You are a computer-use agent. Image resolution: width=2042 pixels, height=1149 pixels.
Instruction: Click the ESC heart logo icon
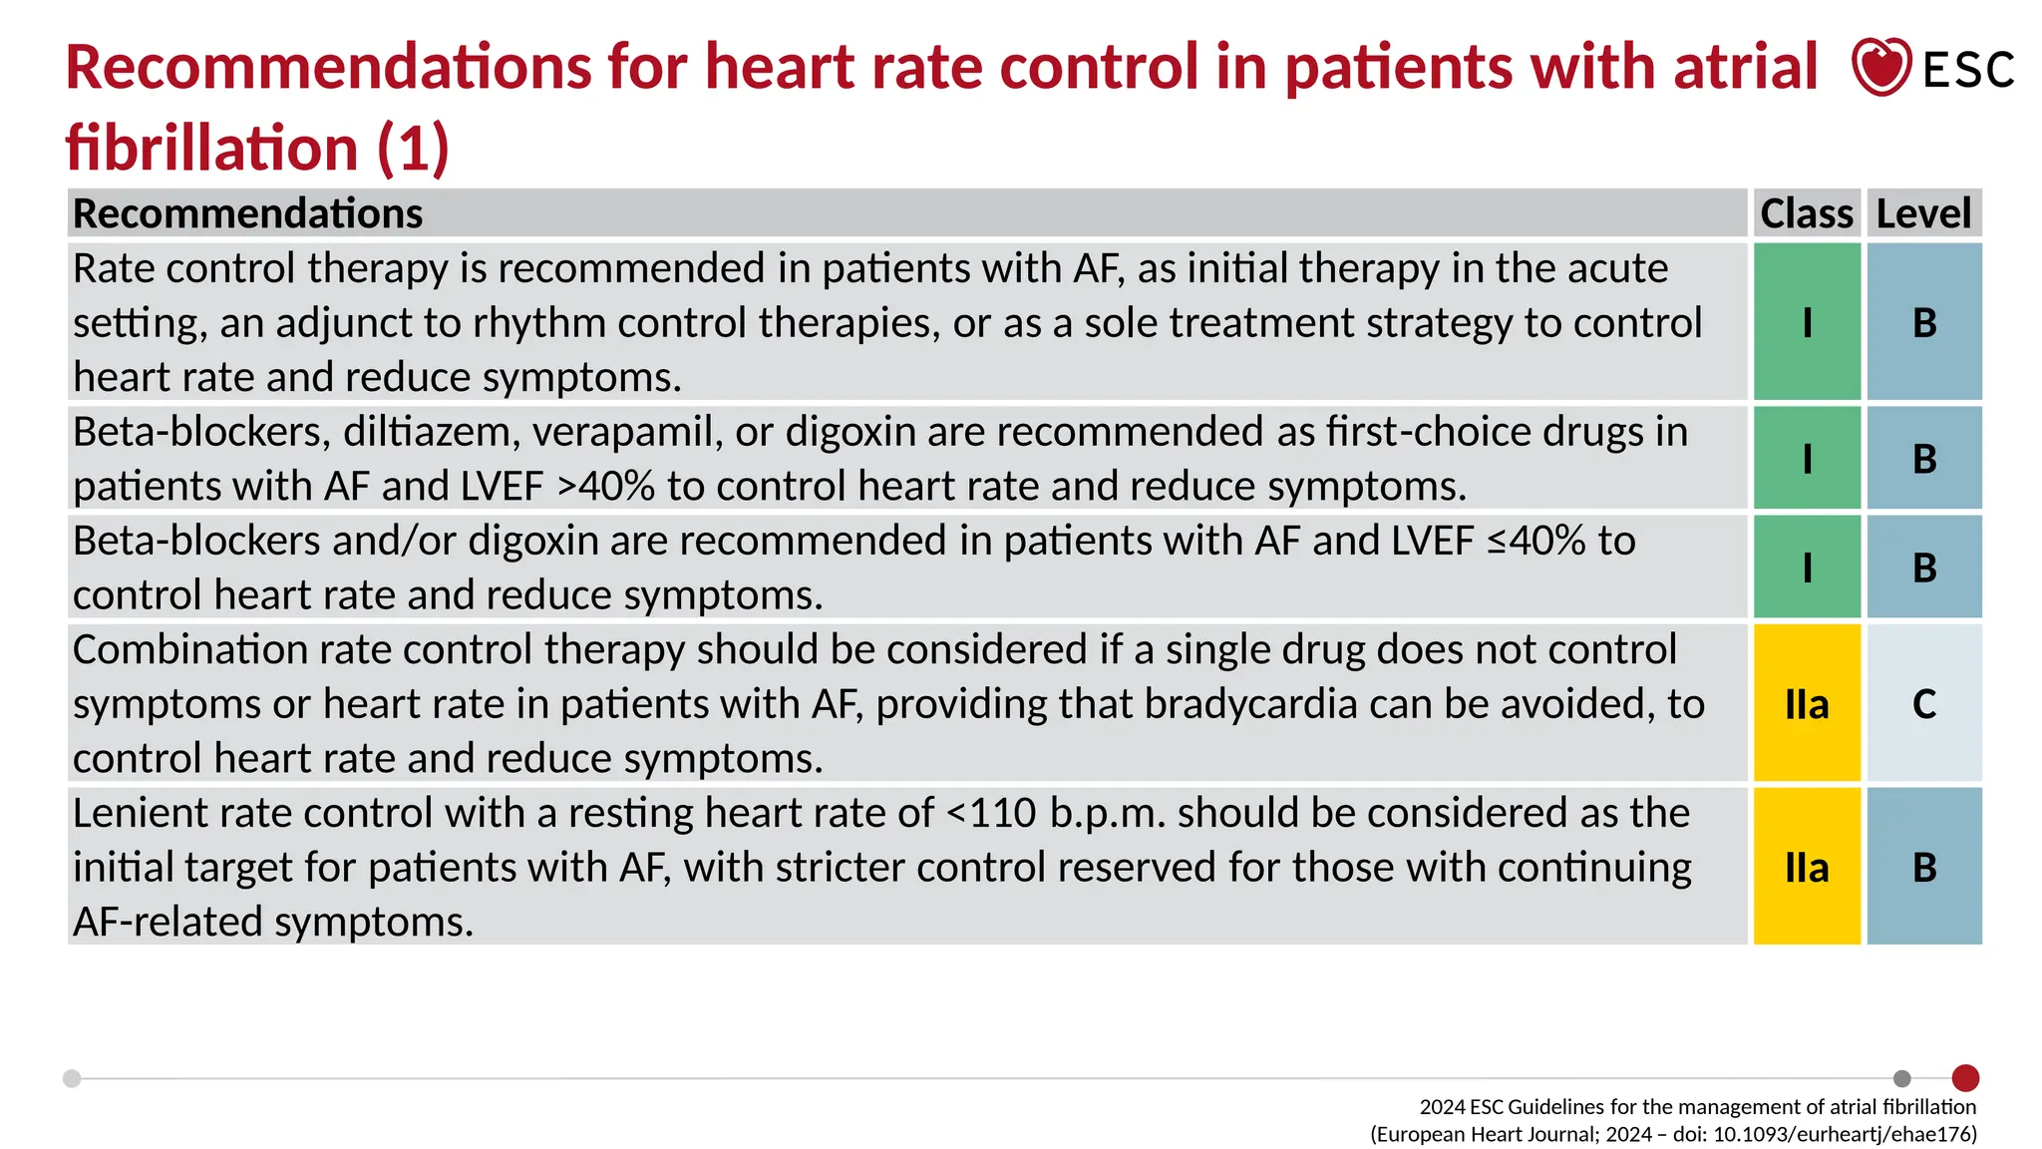[1880, 67]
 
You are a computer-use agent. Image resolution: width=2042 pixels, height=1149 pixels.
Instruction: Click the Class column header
[1806, 213]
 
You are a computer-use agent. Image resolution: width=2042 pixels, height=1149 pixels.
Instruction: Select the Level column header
[1923, 213]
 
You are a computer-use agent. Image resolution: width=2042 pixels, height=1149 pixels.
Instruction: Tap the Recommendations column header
[248, 213]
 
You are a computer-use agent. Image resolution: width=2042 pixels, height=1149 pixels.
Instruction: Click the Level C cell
[1924, 704]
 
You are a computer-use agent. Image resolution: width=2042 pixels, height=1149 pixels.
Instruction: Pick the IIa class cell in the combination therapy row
[1807, 704]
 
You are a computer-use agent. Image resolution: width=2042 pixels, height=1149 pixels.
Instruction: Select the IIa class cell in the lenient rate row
[1807, 867]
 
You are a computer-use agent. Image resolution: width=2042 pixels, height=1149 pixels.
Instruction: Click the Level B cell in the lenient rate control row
[1924, 867]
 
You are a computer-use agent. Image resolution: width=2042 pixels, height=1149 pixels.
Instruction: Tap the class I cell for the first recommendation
[1807, 322]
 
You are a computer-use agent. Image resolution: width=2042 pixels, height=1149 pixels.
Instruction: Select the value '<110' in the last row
[991, 814]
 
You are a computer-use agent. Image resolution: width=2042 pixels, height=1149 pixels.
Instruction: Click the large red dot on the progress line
[1965, 1078]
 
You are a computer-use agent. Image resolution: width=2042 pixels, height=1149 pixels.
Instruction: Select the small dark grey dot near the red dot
[1902, 1078]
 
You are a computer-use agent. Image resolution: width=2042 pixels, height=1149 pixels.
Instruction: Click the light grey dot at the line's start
[72, 1078]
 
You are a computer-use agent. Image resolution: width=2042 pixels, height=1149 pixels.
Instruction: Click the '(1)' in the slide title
[413, 148]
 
